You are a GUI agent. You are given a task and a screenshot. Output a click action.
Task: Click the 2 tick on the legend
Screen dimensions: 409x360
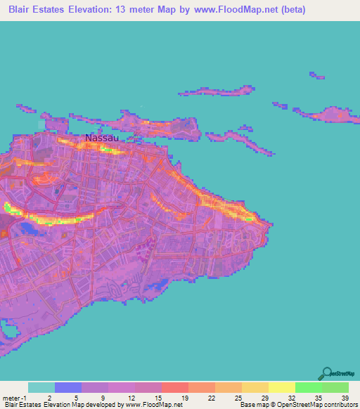[56, 398]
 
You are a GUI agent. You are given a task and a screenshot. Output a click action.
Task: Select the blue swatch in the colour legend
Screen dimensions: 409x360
[68, 387]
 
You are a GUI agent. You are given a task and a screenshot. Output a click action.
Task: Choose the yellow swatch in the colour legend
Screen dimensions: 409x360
[282, 387]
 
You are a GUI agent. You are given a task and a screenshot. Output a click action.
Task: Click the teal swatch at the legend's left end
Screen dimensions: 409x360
[41, 387]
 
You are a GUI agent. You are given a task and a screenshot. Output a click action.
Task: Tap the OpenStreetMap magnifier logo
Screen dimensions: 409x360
[326, 373]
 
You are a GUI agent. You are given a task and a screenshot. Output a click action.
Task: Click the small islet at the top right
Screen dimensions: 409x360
[316, 75]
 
